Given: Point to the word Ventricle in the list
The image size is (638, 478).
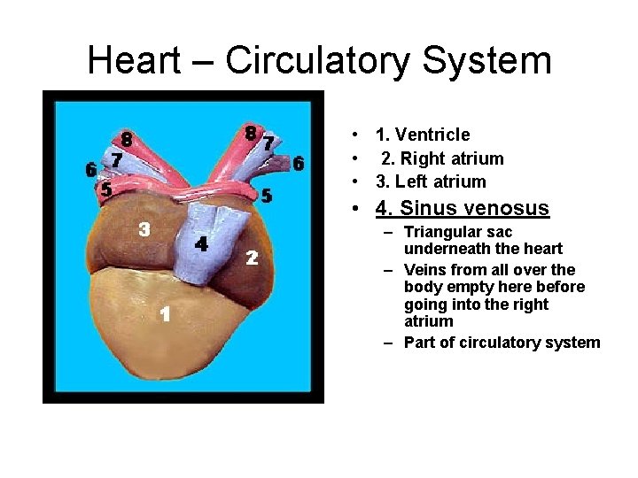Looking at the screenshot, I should point(433,135).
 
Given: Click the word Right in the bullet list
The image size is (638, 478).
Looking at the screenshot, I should point(408,159).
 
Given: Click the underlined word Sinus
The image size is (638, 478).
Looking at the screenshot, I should point(430,209).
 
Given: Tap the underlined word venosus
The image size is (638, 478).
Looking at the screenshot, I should point(508,209).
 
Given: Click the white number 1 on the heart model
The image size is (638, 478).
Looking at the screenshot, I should point(165,314).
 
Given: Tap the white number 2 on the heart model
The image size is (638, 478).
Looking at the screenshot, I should point(252,258).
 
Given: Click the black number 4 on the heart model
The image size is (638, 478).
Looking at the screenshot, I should point(201,243).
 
